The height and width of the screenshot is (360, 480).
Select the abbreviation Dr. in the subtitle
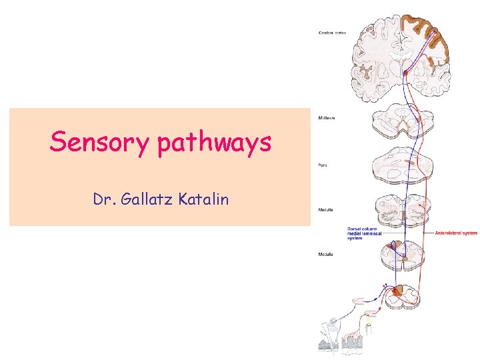point(102,199)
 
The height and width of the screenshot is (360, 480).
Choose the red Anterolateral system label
point(455,233)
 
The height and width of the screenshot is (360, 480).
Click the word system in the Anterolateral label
point(467,233)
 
